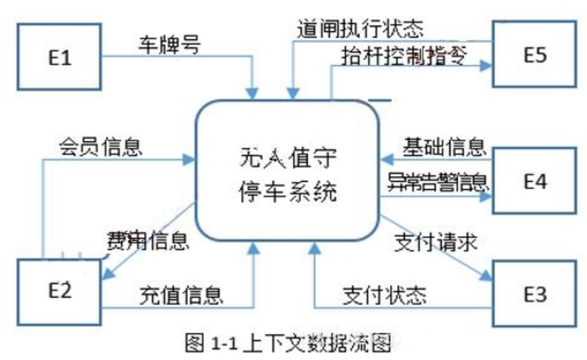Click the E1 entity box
pos(59,57)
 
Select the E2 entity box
pos(59,292)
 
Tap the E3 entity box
pos(534,294)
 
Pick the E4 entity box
pos(534,180)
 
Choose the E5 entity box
pos(534,54)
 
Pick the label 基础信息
pos(444,147)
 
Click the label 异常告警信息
pos(437,182)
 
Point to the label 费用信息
pos(148,240)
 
